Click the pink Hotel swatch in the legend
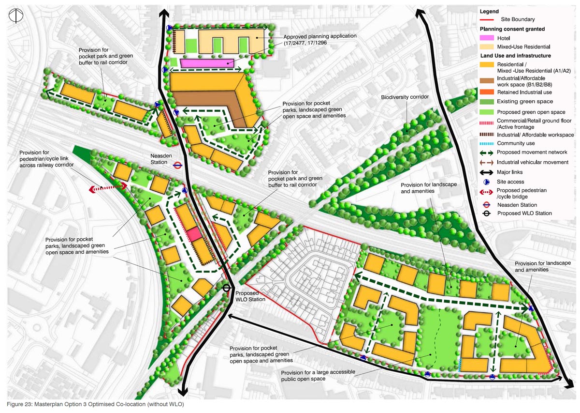click(489, 38)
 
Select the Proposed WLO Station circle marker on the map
click(226, 288)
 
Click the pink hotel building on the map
click(207, 63)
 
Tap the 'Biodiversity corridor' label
click(405, 97)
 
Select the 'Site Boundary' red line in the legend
click(489, 20)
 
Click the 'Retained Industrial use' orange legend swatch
click(489, 92)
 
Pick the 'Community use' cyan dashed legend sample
click(489, 143)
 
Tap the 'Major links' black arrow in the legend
click(489, 172)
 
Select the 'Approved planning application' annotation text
click(320, 40)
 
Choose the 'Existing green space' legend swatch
click(489, 101)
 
